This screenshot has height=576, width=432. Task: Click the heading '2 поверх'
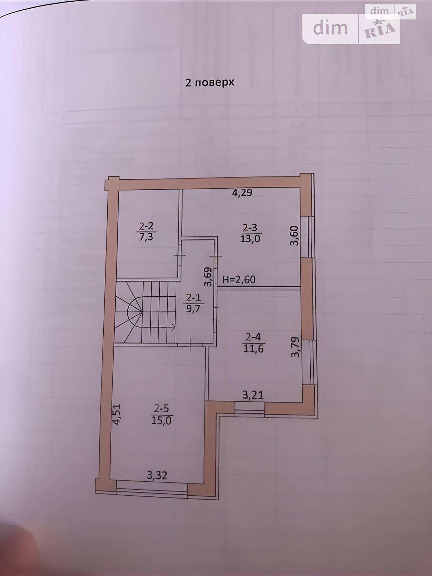click(x=210, y=83)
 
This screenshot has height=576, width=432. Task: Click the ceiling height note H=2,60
click(x=239, y=280)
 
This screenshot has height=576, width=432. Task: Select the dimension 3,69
click(x=208, y=276)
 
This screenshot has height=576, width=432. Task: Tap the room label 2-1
click(x=194, y=298)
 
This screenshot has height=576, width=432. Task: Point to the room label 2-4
click(x=254, y=337)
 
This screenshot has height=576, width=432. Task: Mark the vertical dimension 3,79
click(x=295, y=347)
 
